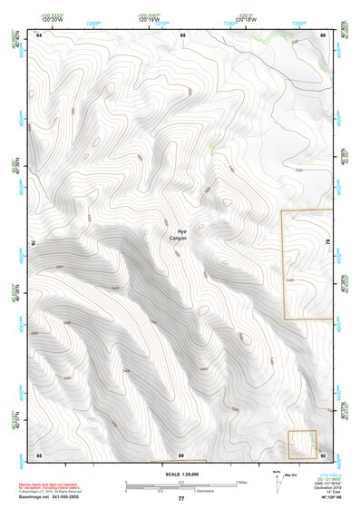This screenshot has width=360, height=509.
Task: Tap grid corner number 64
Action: [x=39, y=34]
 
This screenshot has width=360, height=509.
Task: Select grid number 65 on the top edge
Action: [x=182, y=34]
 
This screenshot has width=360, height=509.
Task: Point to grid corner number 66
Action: [x=323, y=34]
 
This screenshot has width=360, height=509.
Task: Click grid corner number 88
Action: [x=39, y=454]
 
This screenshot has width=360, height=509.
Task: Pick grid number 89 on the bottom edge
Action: [x=181, y=454]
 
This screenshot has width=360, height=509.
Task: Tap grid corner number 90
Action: [x=323, y=454]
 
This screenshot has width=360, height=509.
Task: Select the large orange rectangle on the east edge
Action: [x=303, y=264]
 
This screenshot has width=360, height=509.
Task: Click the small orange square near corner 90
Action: [x=302, y=445]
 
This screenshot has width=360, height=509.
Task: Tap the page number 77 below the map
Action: [x=180, y=499]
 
